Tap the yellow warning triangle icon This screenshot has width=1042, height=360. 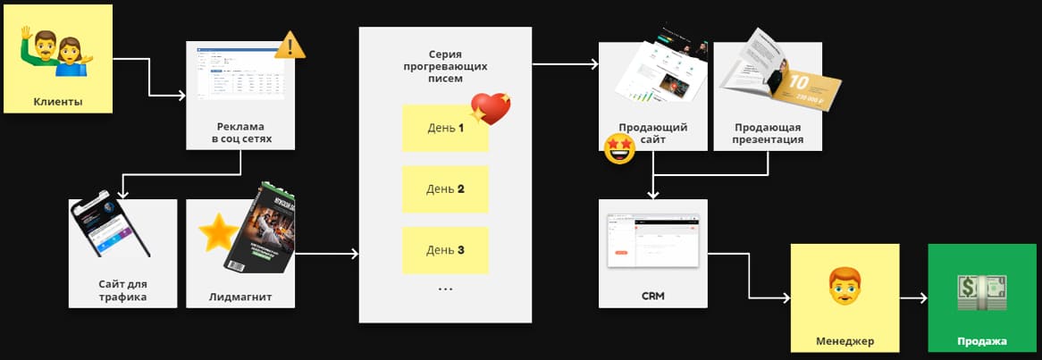[288, 45]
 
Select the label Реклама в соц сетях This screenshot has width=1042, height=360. [241, 133]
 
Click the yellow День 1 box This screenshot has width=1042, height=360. [445, 128]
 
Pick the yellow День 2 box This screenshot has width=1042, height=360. [445, 188]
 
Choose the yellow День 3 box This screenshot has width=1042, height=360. [445, 250]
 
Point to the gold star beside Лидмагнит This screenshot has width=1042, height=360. [216, 232]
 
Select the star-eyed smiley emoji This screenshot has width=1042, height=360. [619, 148]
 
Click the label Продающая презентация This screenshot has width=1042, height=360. [768, 133]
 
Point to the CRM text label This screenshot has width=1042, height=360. [653, 296]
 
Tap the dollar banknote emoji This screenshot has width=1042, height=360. [982, 293]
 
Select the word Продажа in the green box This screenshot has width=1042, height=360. [982, 341]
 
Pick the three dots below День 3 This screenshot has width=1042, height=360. [445, 289]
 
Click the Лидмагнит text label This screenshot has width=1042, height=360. [241, 296]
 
